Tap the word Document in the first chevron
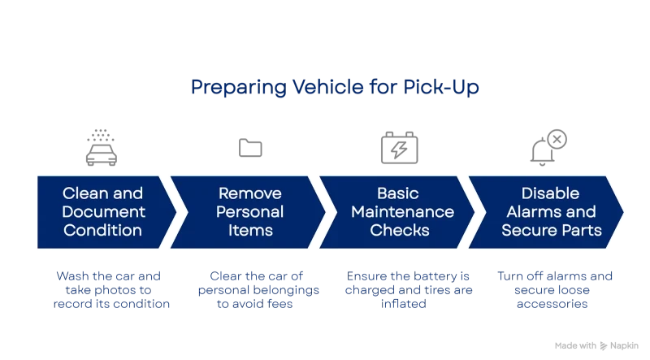tap(103, 211)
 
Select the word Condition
tap(102, 230)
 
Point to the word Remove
tap(250, 193)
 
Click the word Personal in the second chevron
tap(250, 211)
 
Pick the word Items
tap(250, 230)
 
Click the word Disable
tap(550, 193)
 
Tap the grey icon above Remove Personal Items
tap(250, 149)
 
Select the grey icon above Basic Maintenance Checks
tap(399, 149)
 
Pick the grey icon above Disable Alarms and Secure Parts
tap(549, 146)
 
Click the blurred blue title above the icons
tap(334, 87)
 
